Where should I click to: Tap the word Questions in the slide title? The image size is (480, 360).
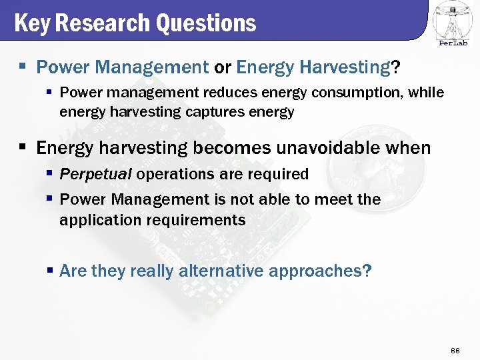tap(206, 23)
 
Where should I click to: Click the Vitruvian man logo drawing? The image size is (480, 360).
tap(453, 20)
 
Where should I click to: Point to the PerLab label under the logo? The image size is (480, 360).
tap(453, 43)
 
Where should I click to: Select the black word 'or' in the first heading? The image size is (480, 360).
tap(223, 67)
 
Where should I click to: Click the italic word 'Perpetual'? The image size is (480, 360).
tap(95, 175)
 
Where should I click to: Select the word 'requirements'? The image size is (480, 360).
tap(193, 220)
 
